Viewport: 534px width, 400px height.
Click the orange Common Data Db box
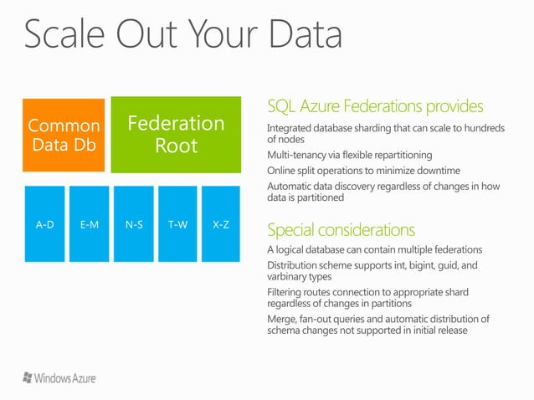pyautogui.click(x=64, y=134)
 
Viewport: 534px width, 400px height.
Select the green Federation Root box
pyautogui.click(x=176, y=134)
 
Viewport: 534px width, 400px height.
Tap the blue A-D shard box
pyautogui.click(x=44, y=225)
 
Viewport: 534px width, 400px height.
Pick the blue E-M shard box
pyautogui.click(x=89, y=225)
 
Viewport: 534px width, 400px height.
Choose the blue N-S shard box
pyautogui.click(x=133, y=225)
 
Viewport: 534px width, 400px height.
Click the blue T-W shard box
pyautogui.click(x=177, y=225)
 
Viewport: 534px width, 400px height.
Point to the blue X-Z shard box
pyautogui.click(x=222, y=225)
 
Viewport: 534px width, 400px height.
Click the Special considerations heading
pyautogui.click(x=340, y=229)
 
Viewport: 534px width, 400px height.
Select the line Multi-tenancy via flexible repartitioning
pyautogui.click(x=349, y=155)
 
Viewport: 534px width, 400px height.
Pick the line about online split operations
pyautogui.click(x=363, y=171)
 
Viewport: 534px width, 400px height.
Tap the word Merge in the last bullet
pyautogui.click(x=282, y=319)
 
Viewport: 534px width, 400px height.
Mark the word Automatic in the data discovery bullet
pyautogui.click(x=291, y=187)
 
